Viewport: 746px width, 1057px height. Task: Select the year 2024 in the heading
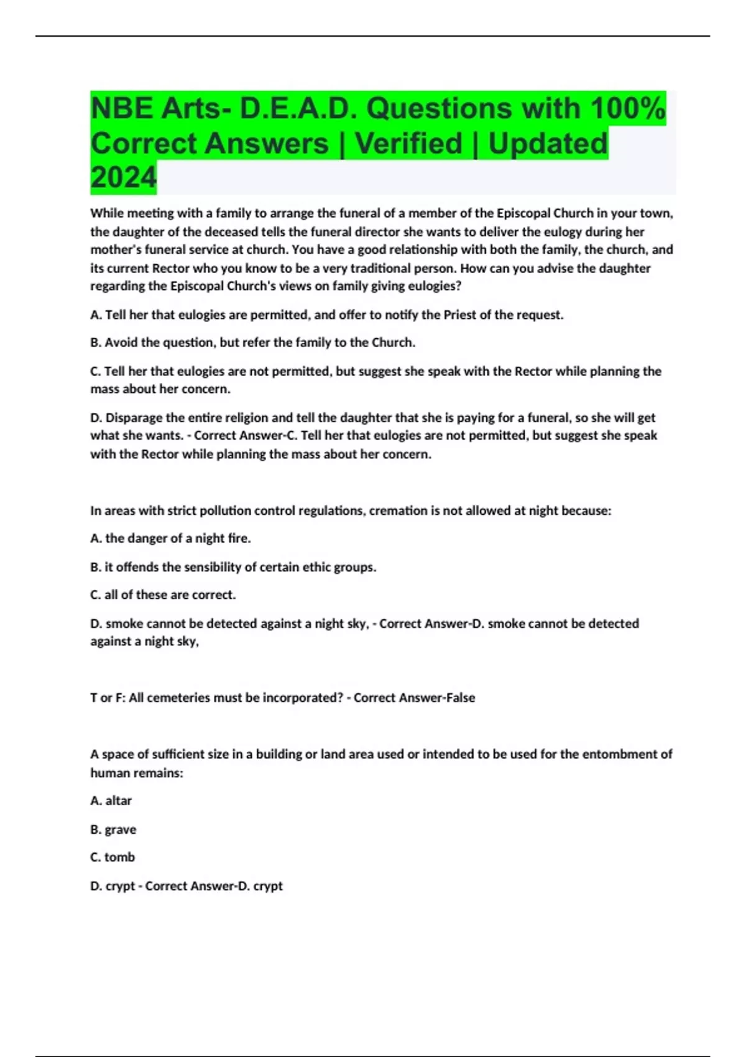click(x=123, y=178)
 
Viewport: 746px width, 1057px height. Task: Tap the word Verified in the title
click(x=408, y=144)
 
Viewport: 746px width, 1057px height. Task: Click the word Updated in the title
click(x=548, y=144)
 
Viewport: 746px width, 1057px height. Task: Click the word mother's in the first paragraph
click(x=116, y=249)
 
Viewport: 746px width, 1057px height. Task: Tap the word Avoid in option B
click(x=122, y=343)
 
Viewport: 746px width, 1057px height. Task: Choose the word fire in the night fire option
click(x=238, y=538)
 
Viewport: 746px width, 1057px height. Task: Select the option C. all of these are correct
click(x=163, y=595)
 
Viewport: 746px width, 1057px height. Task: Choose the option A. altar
click(x=111, y=801)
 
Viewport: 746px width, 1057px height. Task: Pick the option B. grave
click(x=113, y=829)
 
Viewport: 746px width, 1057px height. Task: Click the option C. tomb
click(x=113, y=857)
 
